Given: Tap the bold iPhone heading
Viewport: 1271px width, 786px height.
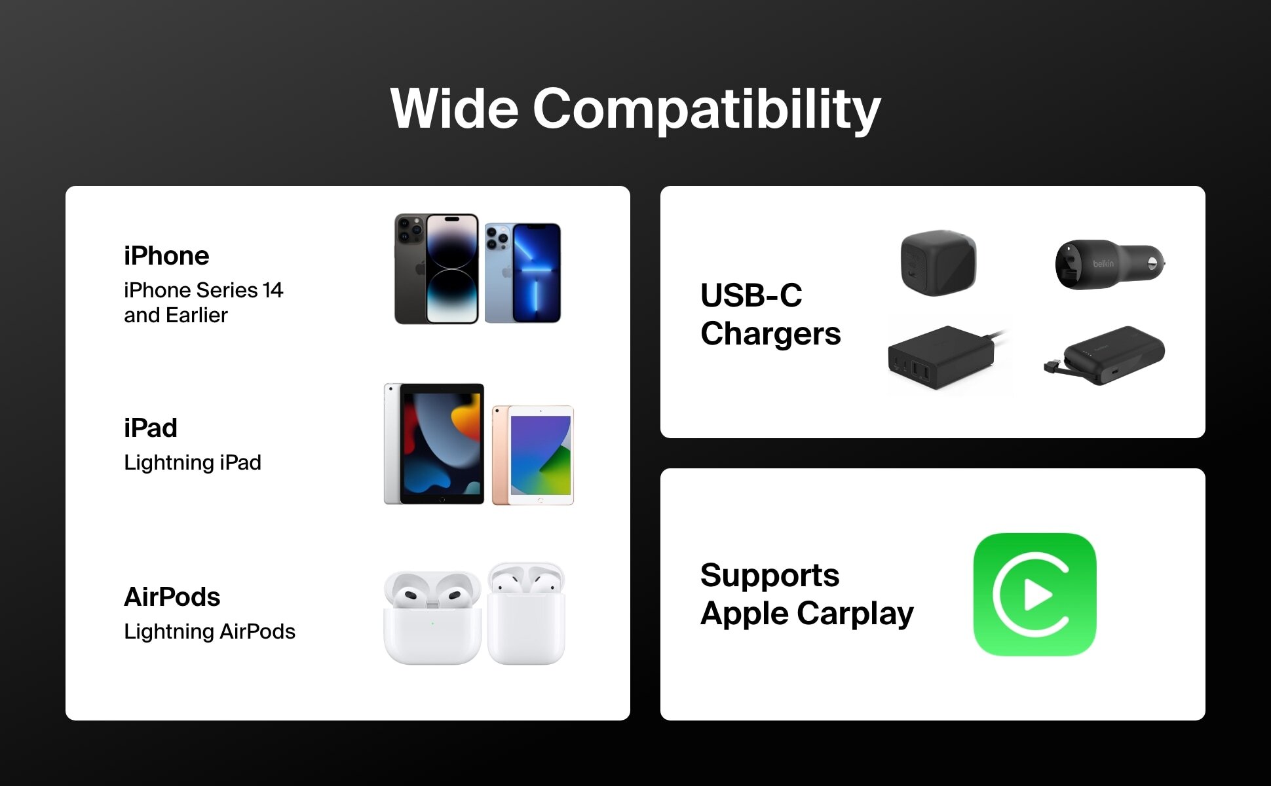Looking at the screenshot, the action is click(x=166, y=255).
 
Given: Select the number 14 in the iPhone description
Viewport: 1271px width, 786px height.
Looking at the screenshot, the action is click(x=273, y=290).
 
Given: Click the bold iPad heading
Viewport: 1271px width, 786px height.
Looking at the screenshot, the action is click(x=151, y=428).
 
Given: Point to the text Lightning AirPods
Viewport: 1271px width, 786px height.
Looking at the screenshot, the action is click(x=210, y=631).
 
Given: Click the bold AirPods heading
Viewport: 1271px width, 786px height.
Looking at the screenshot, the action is click(x=172, y=597).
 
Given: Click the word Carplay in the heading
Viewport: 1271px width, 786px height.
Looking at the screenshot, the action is click(x=855, y=614).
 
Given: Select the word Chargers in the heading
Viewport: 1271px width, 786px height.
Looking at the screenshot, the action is click(x=770, y=334).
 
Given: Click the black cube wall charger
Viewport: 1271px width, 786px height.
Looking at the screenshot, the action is click(x=938, y=263).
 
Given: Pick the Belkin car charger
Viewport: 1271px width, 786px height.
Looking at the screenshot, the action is click(x=1110, y=264).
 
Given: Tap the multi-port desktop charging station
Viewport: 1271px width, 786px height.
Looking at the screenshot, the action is click(x=943, y=356).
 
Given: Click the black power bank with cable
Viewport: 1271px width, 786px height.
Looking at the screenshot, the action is click(x=1106, y=355).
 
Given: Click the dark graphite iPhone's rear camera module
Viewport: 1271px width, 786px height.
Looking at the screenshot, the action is click(x=410, y=230).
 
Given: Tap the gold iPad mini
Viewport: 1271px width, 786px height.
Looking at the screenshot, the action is click(x=533, y=455).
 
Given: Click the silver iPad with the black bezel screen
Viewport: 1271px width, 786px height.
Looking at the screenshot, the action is click(x=434, y=443).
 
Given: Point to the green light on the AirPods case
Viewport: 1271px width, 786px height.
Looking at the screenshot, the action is click(x=432, y=623).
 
